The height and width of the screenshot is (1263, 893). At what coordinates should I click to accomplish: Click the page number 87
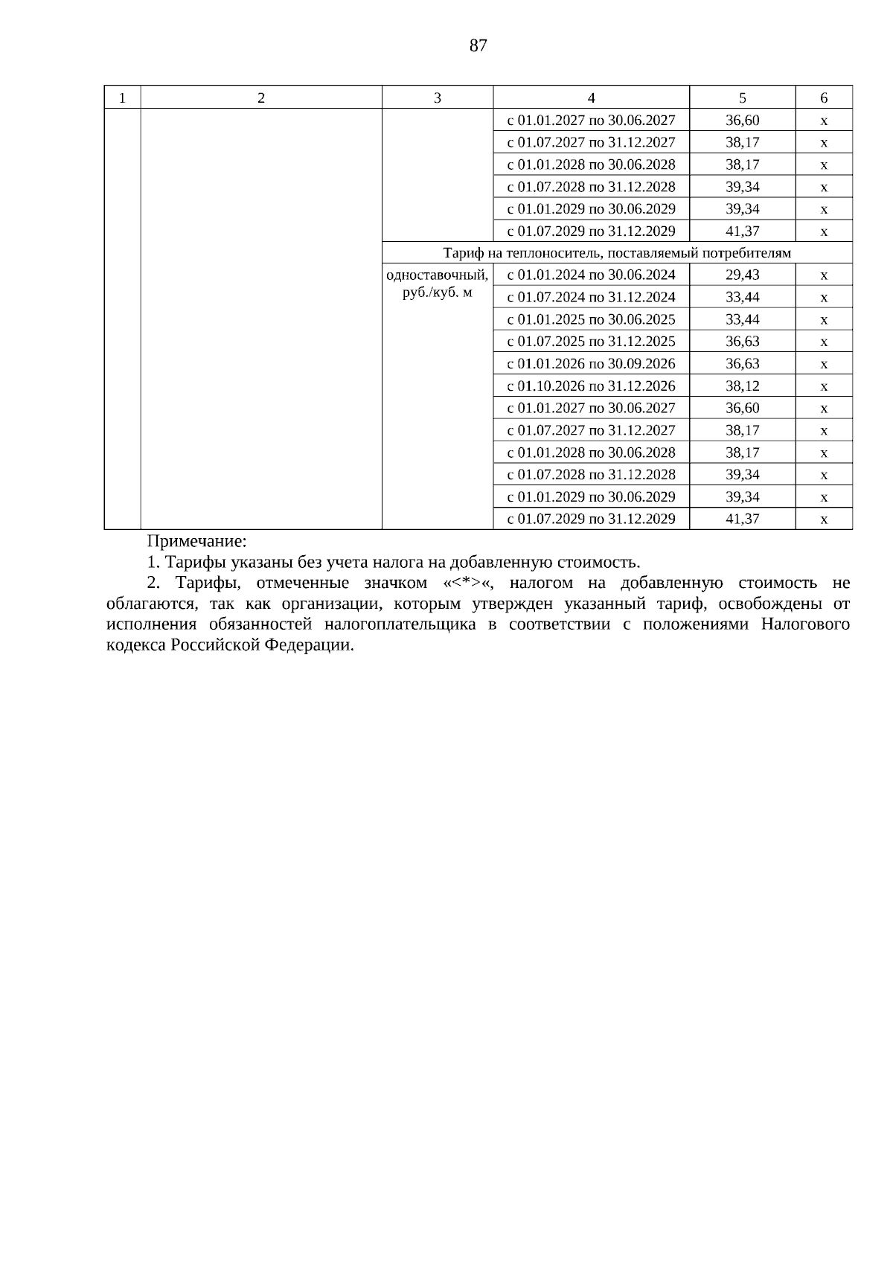pos(478,46)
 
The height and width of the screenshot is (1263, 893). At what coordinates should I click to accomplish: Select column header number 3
pos(437,97)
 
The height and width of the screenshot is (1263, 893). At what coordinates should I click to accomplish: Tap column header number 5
pos(742,97)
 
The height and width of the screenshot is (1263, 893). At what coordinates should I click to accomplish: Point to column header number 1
pos(122,97)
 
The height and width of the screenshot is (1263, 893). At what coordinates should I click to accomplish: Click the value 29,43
pos(742,275)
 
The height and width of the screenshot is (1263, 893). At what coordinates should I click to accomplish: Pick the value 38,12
pos(742,386)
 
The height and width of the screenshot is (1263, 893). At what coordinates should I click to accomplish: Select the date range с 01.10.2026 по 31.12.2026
pos(591,386)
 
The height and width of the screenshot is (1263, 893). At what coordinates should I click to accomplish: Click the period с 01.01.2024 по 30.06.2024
pos(591,275)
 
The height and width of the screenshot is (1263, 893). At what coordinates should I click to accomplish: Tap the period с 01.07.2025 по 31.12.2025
pos(591,342)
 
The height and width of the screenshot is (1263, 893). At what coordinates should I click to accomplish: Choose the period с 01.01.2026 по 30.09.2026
pos(591,364)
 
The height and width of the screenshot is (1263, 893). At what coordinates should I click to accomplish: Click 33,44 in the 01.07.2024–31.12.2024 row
pos(742,297)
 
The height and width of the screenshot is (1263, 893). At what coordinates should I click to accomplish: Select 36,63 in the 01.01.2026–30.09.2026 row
pos(742,364)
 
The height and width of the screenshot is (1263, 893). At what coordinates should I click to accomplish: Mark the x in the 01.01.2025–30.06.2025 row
pos(824,320)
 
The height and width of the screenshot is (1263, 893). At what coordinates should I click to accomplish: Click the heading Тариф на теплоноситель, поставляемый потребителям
pos(616,253)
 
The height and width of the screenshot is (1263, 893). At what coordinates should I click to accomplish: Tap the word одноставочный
pos(437,275)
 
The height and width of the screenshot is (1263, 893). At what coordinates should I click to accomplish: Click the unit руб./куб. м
pos(437,292)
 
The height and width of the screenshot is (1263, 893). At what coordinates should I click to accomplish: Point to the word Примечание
pos(196,541)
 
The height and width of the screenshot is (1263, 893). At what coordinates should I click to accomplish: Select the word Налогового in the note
pos(805,624)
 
